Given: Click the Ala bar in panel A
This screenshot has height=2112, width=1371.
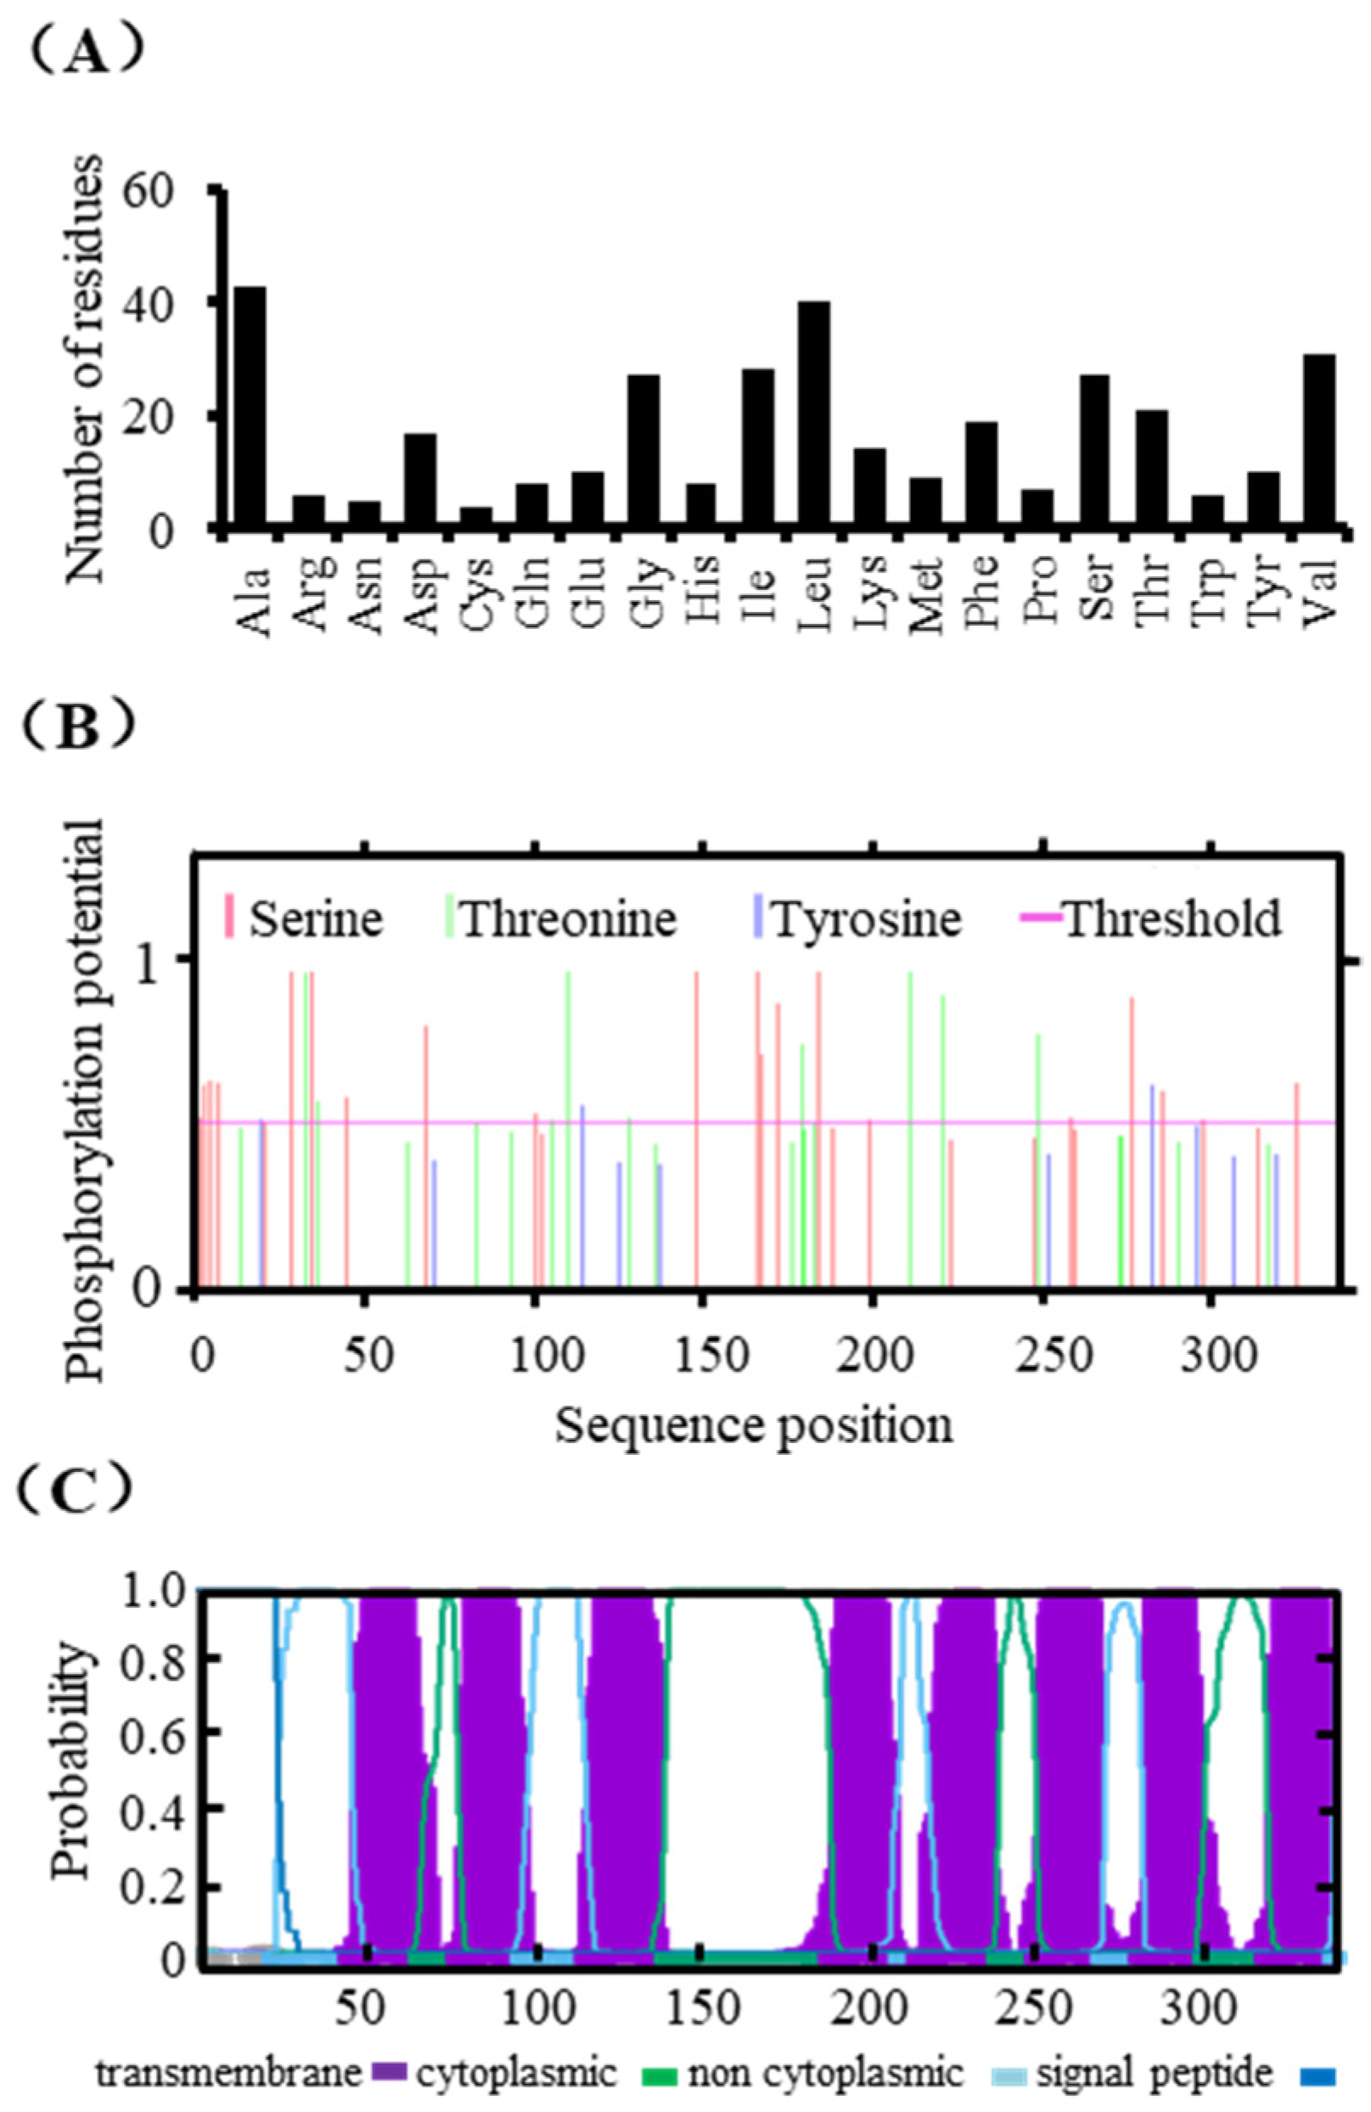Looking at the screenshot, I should tap(250, 408).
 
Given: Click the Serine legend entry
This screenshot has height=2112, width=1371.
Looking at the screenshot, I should tap(315, 918).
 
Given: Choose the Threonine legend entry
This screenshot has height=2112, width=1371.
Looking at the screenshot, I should tap(568, 918).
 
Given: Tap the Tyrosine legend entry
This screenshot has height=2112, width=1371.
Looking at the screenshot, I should tap(865, 918).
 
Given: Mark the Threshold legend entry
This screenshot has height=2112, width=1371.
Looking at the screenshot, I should tap(1172, 918).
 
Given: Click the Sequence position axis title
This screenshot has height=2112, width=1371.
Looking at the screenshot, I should tap(755, 1426).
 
